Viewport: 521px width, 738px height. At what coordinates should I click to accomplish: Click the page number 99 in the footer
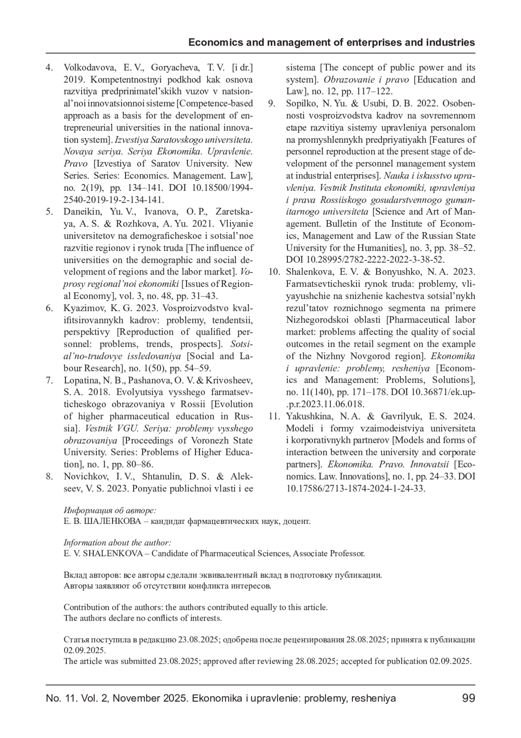tap(469, 698)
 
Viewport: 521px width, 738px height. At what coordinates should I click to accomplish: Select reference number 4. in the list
tap(49, 67)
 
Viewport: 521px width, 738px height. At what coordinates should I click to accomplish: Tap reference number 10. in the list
tap(274, 272)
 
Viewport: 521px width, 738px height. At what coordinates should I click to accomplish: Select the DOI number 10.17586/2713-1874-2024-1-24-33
tap(355, 488)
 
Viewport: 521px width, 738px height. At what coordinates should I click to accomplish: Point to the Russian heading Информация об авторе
tap(110, 510)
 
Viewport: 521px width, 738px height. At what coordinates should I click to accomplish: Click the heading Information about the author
tap(117, 542)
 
